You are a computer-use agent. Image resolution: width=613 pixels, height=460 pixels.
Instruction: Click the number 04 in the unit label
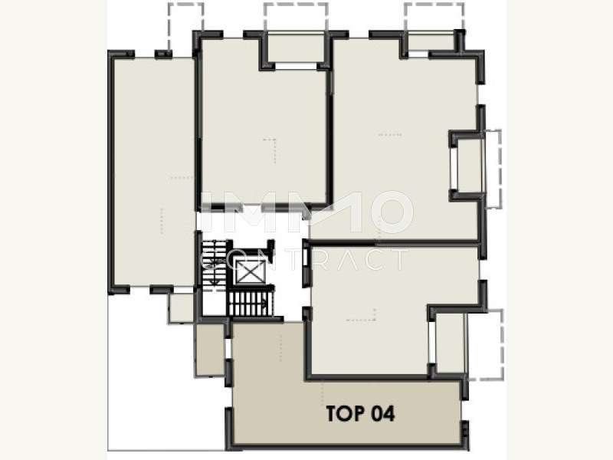382,413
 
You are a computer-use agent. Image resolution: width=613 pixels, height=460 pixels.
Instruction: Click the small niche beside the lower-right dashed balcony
450,343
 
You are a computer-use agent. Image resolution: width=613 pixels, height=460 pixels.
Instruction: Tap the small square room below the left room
182,307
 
